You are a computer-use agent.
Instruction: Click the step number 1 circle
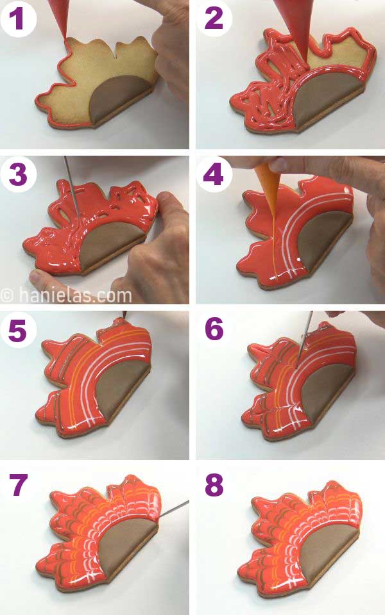pos(17,18)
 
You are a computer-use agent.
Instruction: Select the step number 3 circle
pos(17,174)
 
